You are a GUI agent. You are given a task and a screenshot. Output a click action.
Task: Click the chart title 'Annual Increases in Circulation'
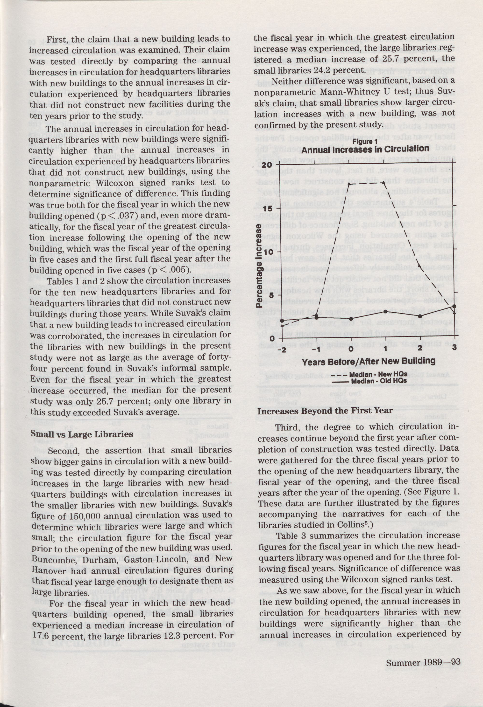pyautogui.click(x=365, y=149)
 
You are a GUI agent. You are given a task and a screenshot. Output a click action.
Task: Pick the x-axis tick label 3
pyautogui.click(x=454, y=349)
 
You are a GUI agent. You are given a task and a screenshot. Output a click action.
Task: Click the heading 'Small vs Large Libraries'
pyautogui.click(x=82, y=434)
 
